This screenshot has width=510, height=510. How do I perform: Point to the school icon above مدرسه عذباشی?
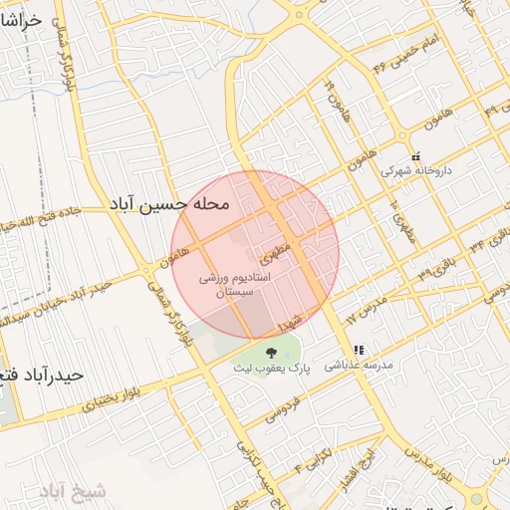(360, 350)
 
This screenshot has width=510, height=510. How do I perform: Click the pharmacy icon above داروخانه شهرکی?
(416, 156)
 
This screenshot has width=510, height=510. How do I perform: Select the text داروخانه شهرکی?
(418, 170)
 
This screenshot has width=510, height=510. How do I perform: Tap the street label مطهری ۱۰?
(405, 230)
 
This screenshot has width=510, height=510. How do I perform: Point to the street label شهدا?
(290, 322)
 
